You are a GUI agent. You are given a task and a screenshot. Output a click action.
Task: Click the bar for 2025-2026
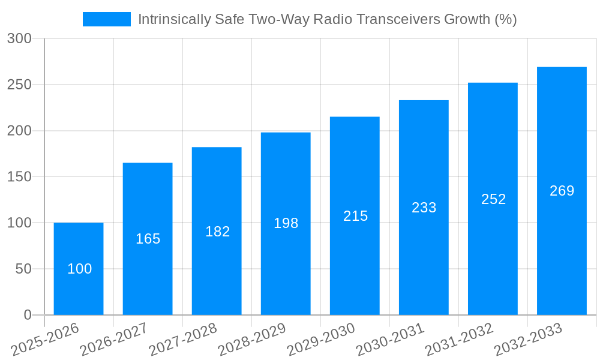point(79,269)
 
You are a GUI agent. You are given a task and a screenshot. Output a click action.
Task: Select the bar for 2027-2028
point(217,231)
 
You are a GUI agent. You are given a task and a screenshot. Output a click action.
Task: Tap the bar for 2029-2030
point(355,216)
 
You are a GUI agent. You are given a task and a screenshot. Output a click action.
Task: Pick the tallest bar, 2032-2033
point(562,191)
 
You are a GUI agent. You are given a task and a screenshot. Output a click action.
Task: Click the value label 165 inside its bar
point(148,239)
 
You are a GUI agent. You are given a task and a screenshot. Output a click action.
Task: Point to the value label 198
point(286,223)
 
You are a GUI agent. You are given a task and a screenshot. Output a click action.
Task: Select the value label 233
point(424,208)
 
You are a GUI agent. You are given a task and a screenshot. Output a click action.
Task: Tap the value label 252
point(493,199)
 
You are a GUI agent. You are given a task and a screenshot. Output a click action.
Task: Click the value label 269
point(562,191)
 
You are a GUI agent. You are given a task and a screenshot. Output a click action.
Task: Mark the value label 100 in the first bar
point(79,269)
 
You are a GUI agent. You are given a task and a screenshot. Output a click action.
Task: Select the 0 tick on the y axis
point(27,315)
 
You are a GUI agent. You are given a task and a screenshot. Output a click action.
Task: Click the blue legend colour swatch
point(107,19)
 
